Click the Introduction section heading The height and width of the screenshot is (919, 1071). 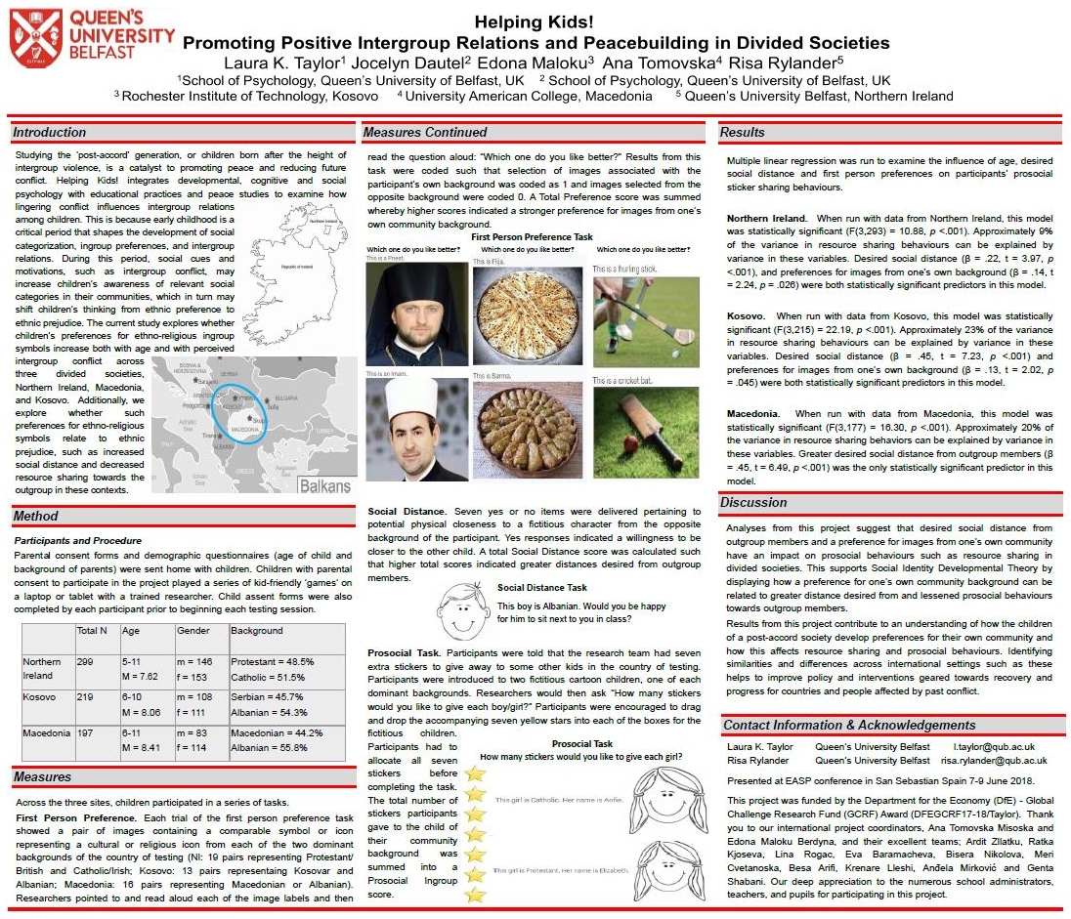[x=50, y=132]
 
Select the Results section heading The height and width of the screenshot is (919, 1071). [x=742, y=132]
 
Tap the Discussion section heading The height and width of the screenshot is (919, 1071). [x=753, y=502]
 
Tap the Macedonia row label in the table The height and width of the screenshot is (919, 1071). [x=47, y=733]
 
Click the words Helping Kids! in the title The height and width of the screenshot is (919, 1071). [x=535, y=21]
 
